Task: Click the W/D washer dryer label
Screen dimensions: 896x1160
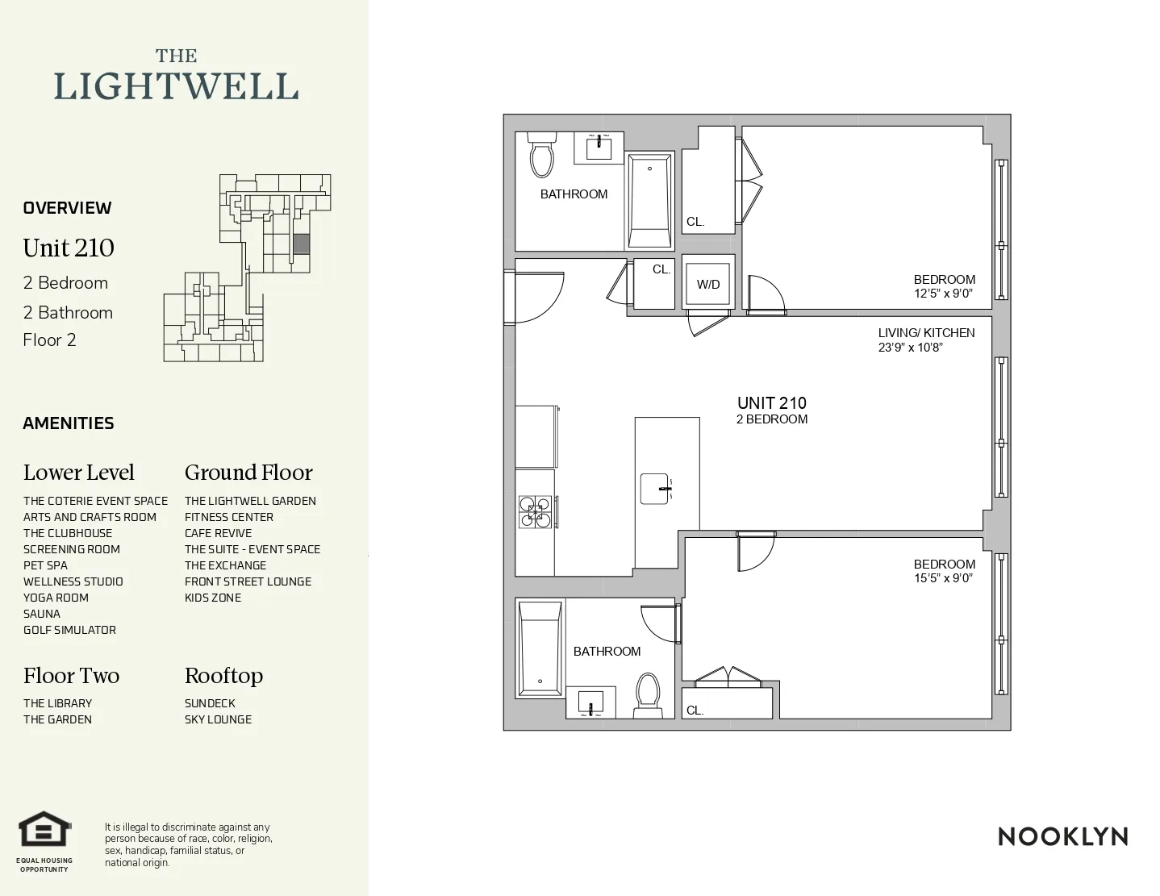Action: [708, 285]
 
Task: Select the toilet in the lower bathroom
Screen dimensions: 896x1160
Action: [647, 694]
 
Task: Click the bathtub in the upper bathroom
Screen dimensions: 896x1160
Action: [649, 202]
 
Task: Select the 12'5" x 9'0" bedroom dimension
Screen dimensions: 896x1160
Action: [943, 294]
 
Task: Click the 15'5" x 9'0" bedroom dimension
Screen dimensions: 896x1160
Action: [943, 578]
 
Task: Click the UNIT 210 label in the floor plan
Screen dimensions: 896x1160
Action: [771, 403]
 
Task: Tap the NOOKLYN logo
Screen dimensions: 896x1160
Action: [1062, 836]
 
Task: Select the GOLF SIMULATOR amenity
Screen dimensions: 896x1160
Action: [69, 630]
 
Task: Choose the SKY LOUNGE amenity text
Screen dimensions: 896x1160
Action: [218, 719]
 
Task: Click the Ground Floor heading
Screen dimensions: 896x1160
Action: [248, 473]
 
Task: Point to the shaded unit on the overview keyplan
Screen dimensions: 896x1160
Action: [301, 244]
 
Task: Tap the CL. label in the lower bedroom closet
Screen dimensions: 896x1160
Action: [695, 711]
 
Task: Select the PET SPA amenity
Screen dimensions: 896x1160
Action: [45, 565]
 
